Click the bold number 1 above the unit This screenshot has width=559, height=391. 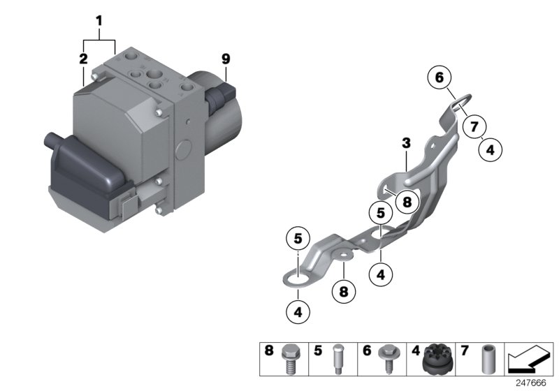pos(99,21)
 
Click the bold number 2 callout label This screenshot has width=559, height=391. pos(83,59)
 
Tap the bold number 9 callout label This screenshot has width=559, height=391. pos(226,59)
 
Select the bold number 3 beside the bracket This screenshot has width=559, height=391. pos(406,143)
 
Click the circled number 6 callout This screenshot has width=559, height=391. pos(440,77)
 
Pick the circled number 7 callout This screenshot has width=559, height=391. pos(474,126)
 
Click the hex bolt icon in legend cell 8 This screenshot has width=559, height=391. pos(291,360)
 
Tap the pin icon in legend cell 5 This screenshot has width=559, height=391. pos(337,360)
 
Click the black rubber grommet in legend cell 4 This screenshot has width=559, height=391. pos(437,360)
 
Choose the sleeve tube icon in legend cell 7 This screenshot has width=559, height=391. pos(487,360)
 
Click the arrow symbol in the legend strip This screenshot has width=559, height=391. pos(528,359)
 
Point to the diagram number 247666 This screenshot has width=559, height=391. pos(531,383)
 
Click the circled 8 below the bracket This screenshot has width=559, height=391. pos(343,292)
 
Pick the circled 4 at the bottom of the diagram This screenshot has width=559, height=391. pos(298,312)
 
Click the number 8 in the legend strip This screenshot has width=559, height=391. pos(269,351)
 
